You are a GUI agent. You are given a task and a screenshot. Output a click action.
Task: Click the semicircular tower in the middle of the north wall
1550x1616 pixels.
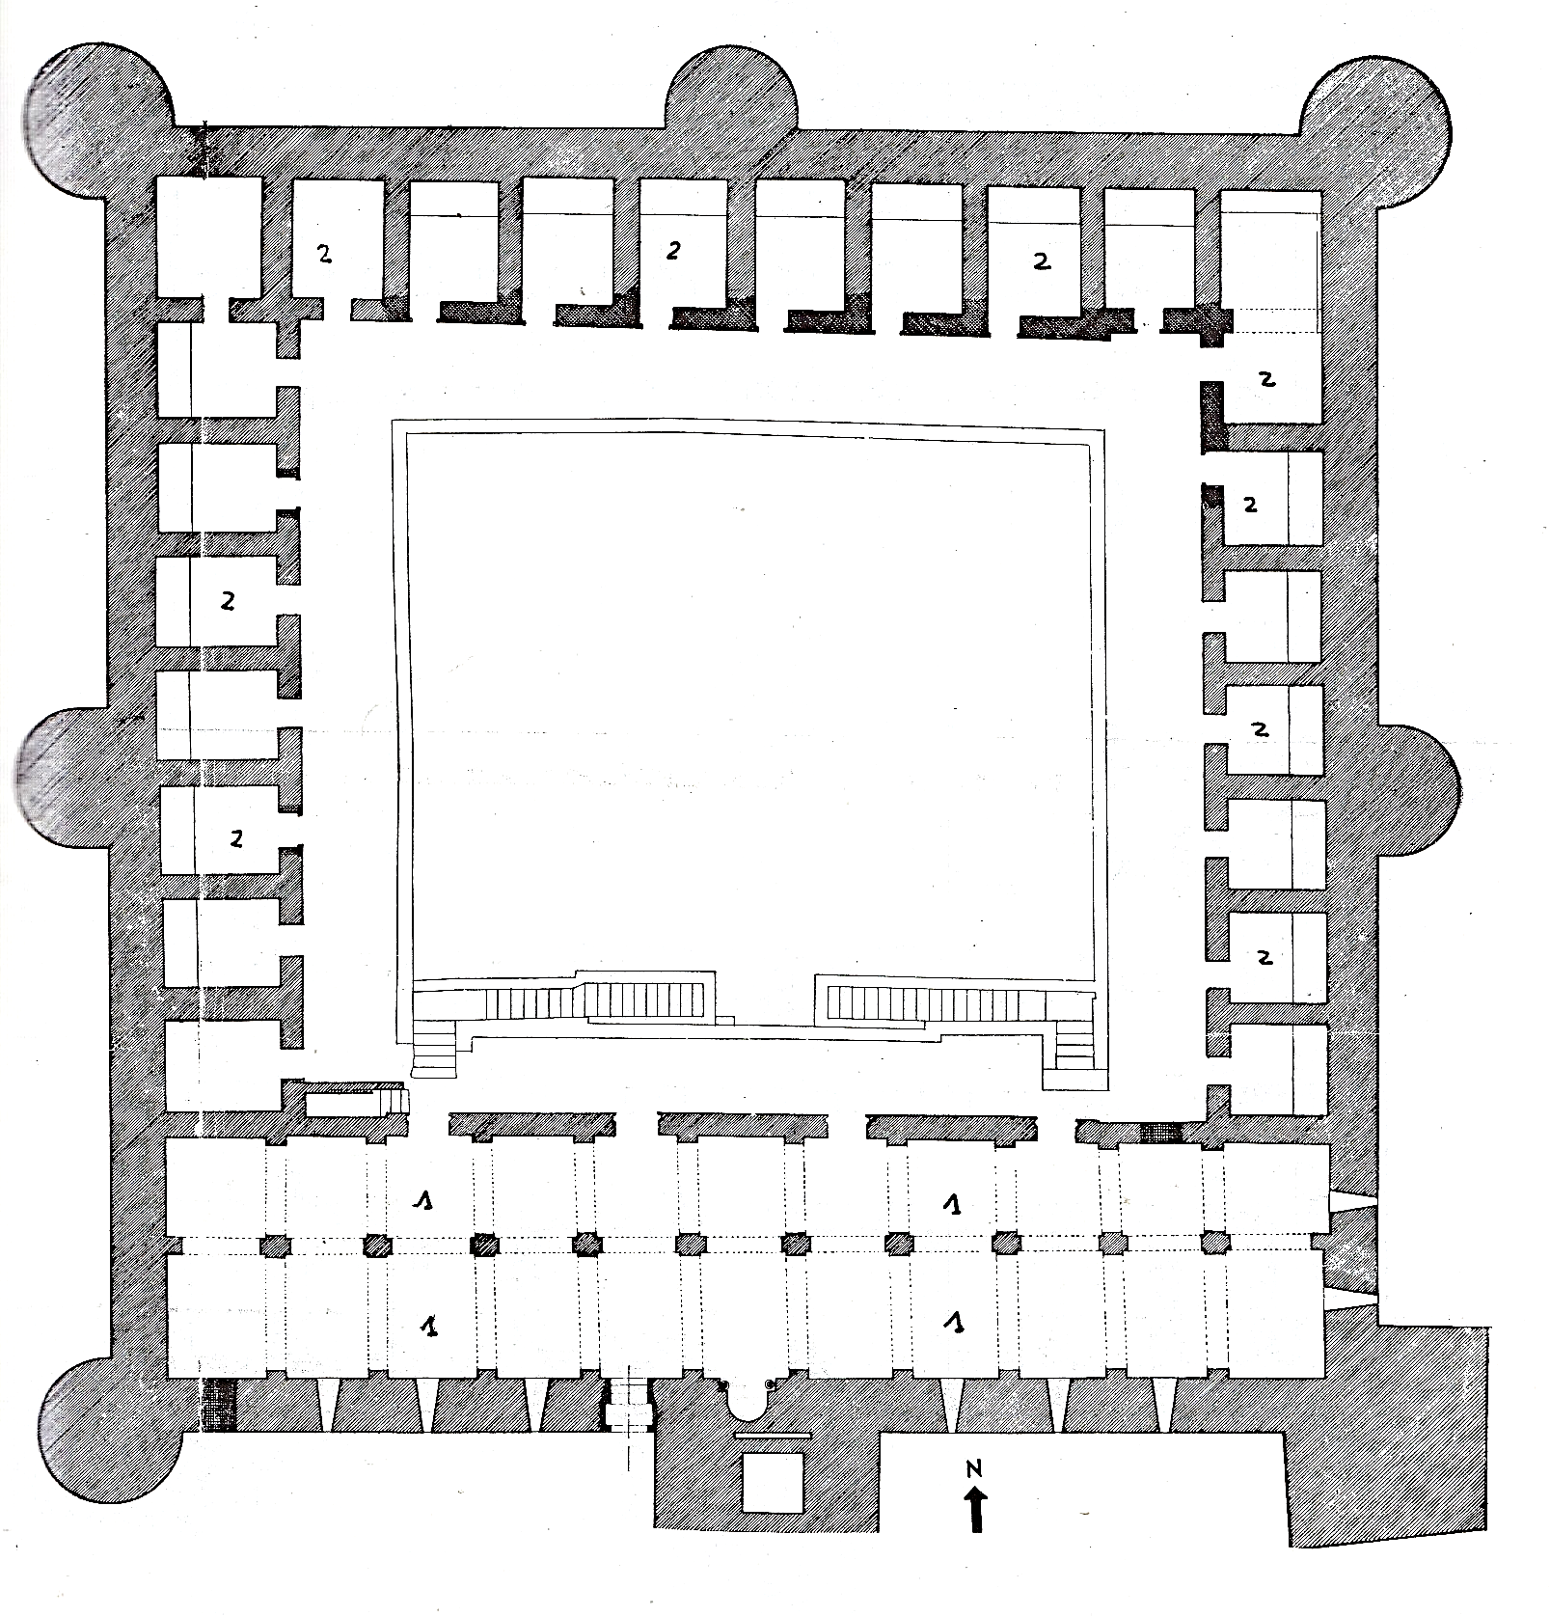click(x=733, y=92)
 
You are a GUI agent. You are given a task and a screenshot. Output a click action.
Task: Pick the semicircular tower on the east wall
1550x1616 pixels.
click(x=1418, y=791)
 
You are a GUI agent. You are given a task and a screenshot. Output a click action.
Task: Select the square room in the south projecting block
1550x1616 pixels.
click(x=773, y=1481)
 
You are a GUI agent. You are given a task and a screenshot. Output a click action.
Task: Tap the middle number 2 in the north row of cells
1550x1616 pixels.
click(x=673, y=250)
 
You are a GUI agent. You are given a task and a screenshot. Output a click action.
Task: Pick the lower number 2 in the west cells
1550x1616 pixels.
click(x=236, y=838)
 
